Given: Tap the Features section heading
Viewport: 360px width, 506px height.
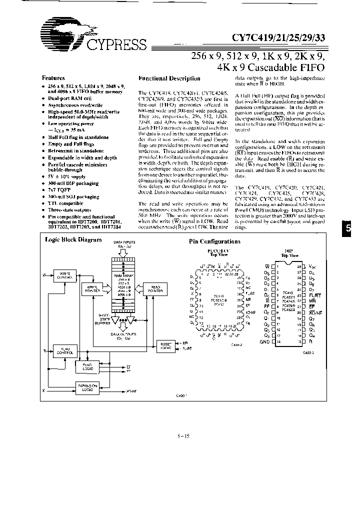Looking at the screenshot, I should [x=53, y=78].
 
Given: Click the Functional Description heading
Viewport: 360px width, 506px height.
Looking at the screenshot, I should [x=169, y=78].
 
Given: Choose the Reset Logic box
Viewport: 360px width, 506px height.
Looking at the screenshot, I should [x=164, y=345].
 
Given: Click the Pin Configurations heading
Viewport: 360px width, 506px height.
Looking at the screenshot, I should [x=214, y=241].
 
